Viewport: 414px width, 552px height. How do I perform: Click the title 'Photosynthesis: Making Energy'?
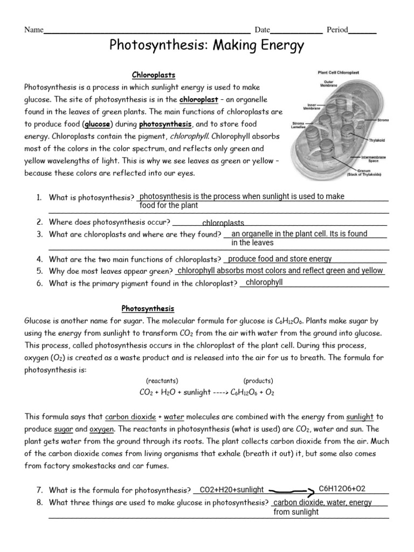(x=207, y=47)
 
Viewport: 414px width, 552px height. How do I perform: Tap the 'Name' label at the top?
(x=33, y=30)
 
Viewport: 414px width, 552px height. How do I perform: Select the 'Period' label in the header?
(x=336, y=30)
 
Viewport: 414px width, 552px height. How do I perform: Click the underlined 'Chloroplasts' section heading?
(x=154, y=75)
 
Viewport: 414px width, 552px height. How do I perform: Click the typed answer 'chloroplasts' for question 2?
(x=223, y=223)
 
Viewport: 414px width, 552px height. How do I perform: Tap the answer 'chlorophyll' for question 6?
(x=264, y=282)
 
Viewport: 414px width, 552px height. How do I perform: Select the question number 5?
(x=40, y=271)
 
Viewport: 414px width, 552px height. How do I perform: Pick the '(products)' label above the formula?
(x=258, y=381)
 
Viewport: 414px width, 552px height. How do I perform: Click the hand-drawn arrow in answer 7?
(x=291, y=491)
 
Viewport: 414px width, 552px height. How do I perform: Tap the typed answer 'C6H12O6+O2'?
(x=342, y=488)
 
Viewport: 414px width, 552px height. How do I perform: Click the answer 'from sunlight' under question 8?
(x=296, y=512)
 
